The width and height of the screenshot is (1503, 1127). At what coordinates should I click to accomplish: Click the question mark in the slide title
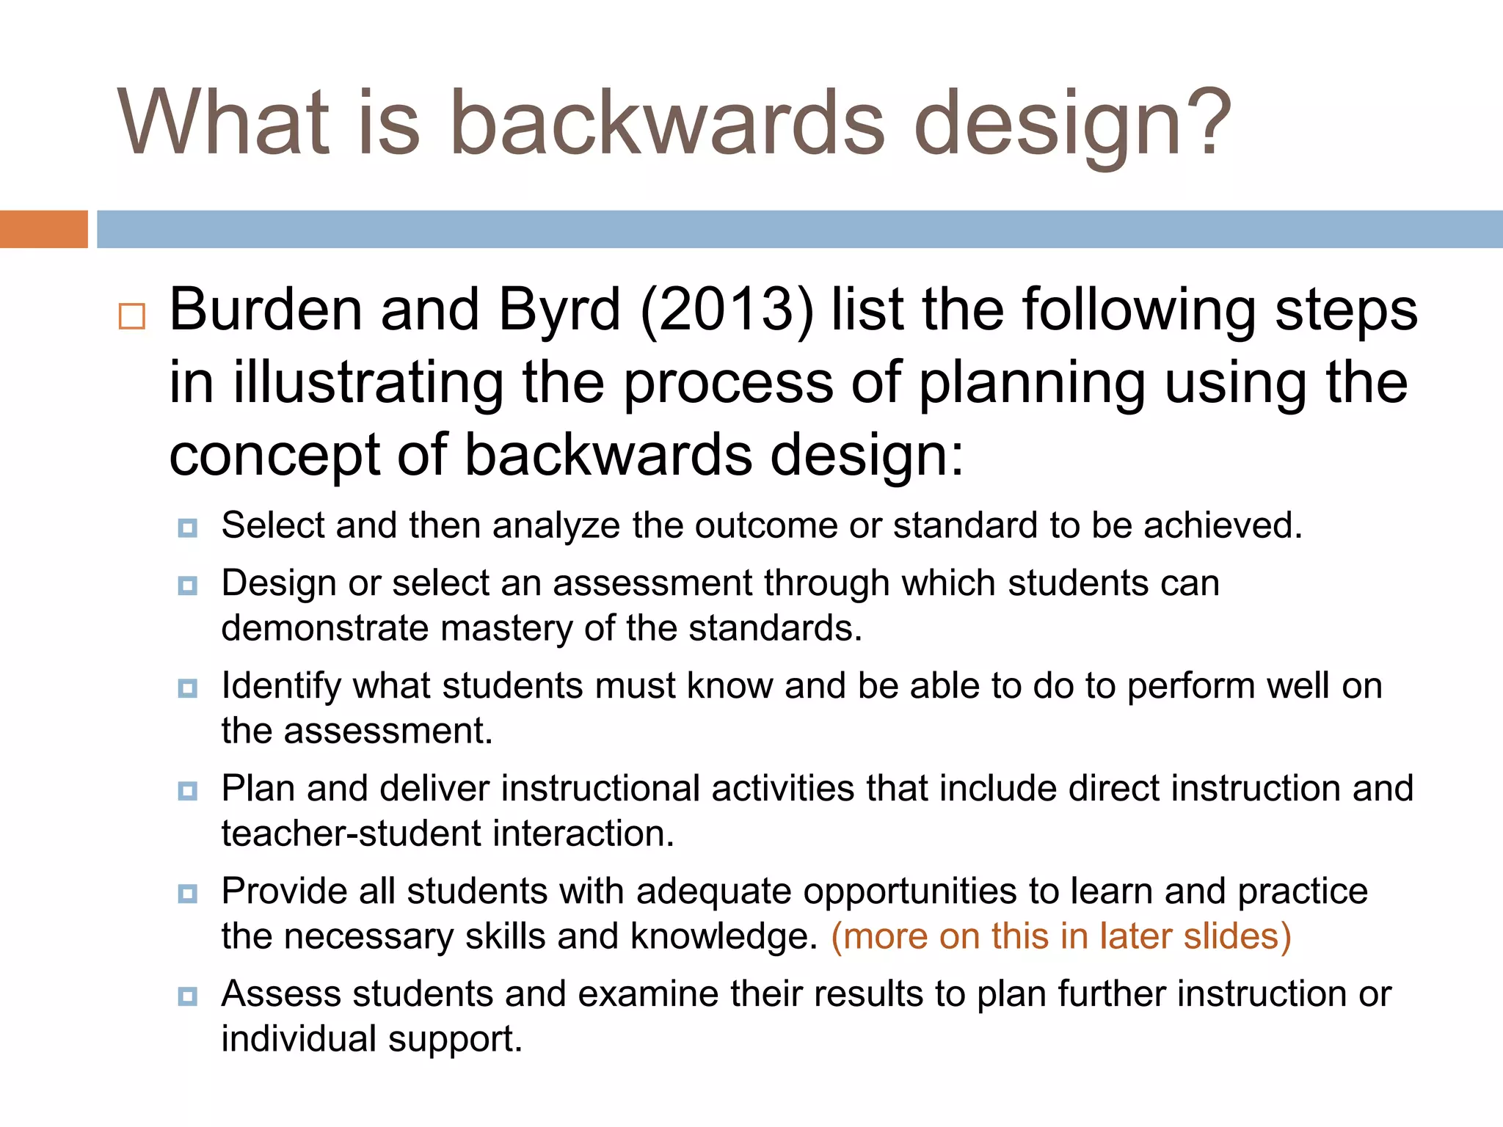coord(1204,121)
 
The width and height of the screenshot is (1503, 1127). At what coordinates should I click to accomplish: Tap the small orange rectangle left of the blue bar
coord(43,229)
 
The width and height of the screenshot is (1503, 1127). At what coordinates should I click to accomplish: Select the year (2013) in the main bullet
coord(727,310)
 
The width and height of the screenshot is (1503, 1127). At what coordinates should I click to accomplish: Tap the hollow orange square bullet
coord(132,316)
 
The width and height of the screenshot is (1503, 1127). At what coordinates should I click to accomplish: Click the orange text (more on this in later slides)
coord(1060,936)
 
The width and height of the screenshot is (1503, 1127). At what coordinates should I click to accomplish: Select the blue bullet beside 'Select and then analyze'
coord(188,528)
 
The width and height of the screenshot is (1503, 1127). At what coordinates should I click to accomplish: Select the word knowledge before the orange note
coord(723,937)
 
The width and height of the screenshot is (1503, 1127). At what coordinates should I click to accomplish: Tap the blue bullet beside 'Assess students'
coord(188,996)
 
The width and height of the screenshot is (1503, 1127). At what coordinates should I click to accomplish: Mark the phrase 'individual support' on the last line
coord(371,1040)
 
